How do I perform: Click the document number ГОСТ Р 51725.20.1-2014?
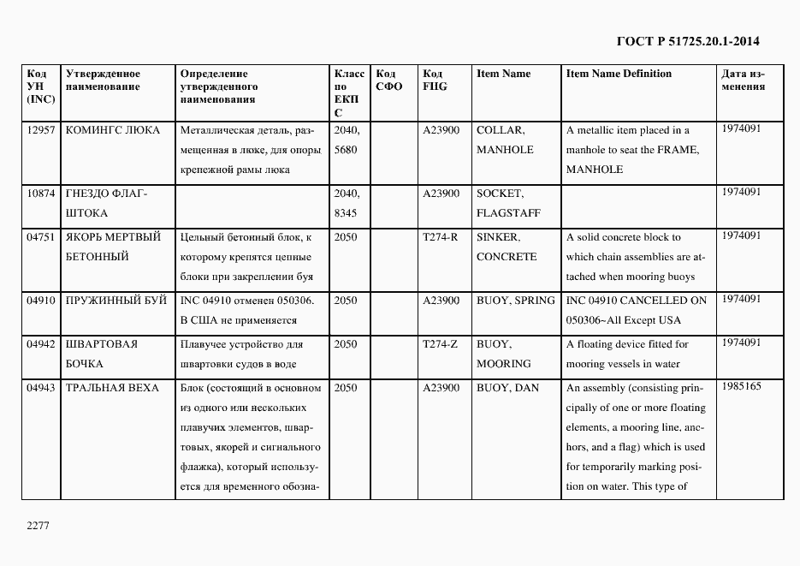pyautogui.click(x=688, y=41)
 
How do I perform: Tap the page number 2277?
pyautogui.click(x=39, y=526)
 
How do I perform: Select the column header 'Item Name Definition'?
pyautogui.click(x=619, y=74)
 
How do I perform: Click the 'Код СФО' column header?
pyautogui.click(x=388, y=80)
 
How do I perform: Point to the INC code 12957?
pyautogui.click(x=41, y=130)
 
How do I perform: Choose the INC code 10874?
pyautogui.click(x=41, y=194)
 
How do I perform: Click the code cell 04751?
pyautogui.click(x=41, y=237)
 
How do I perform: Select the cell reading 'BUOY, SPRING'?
pyautogui.click(x=515, y=301)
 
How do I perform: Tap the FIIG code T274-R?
pyautogui.click(x=441, y=237)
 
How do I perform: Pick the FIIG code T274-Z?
pyautogui.click(x=441, y=344)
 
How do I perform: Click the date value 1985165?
pyautogui.click(x=741, y=387)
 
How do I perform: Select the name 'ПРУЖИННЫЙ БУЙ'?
pyautogui.click(x=111, y=301)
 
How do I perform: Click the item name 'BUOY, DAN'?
pyautogui.click(x=507, y=388)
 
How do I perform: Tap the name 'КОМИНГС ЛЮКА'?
pyautogui.click(x=112, y=130)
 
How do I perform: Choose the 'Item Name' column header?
pyautogui.click(x=503, y=74)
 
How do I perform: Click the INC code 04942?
pyautogui.click(x=41, y=344)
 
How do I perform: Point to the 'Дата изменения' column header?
pyautogui.click(x=743, y=80)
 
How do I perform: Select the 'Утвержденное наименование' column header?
pyautogui.click(x=103, y=80)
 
